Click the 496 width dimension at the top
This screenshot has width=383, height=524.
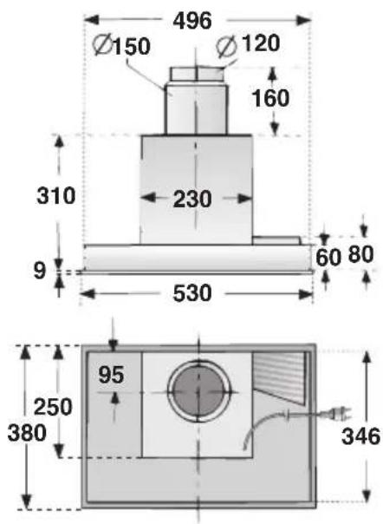tap(192, 21)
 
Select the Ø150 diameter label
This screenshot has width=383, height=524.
tap(121, 45)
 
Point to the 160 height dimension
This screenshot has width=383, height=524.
tap(270, 98)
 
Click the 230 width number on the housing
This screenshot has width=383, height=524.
tap(192, 200)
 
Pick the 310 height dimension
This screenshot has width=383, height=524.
tap(56, 195)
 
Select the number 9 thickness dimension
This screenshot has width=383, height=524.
tap(39, 271)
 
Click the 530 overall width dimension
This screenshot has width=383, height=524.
tap(192, 293)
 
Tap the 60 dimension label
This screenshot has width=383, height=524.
tap(328, 258)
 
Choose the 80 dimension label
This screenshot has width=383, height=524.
tap(360, 254)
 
